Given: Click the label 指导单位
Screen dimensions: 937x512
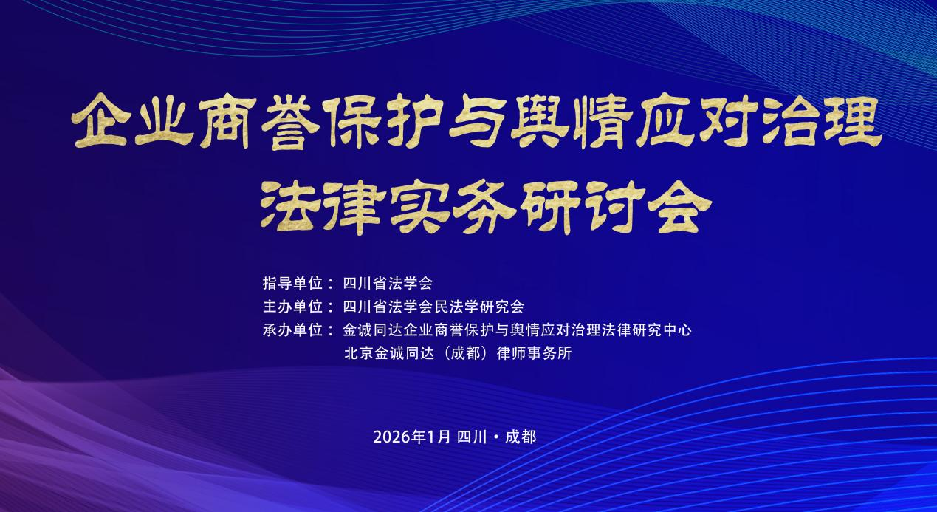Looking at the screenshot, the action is click(x=292, y=284).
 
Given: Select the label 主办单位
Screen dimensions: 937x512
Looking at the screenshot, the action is click(x=292, y=307).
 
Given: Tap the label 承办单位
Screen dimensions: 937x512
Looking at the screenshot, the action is click(x=292, y=330).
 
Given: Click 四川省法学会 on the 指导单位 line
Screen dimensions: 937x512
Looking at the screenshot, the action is click(x=388, y=284).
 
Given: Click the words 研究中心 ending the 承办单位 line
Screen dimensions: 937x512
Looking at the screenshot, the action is click(x=662, y=330).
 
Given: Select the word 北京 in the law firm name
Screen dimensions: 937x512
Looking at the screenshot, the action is click(x=359, y=353).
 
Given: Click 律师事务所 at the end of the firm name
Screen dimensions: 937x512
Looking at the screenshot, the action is click(x=534, y=353).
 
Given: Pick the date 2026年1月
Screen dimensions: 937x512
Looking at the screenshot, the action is click(x=412, y=437).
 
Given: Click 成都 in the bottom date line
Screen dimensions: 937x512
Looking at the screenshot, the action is click(x=521, y=437).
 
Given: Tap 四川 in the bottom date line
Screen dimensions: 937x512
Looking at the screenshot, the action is click(x=473, y=437).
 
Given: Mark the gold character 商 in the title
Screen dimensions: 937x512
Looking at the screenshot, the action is click(x=227, y=121).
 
